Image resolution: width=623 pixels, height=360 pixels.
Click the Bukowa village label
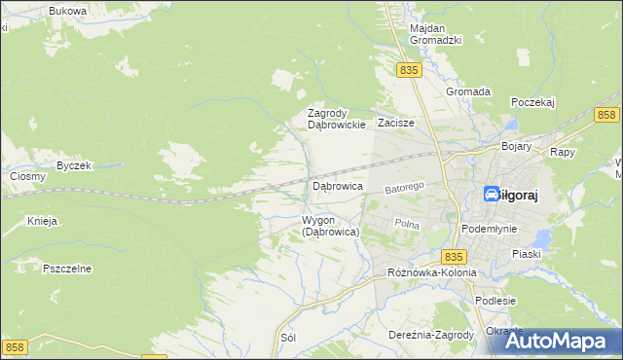(x=67, y=10)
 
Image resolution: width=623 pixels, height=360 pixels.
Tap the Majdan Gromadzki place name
(x=435, y=34)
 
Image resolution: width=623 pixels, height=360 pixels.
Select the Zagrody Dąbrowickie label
(x=336, y=119)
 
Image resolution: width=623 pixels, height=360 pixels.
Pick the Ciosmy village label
(x=27, y=177)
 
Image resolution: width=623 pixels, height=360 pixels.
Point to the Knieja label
(x=43, y=221)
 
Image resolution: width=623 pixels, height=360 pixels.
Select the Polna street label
(x=406, y=224)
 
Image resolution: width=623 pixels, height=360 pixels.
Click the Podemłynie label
(x=489, y=229)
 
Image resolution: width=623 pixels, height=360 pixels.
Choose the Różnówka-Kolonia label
(x=431, y=272)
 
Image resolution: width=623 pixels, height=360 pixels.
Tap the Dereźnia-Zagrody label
(x=430, y=335)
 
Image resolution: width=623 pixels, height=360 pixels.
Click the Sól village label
(x=287, y=338)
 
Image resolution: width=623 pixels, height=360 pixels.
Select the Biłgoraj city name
(x=510, y=195)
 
